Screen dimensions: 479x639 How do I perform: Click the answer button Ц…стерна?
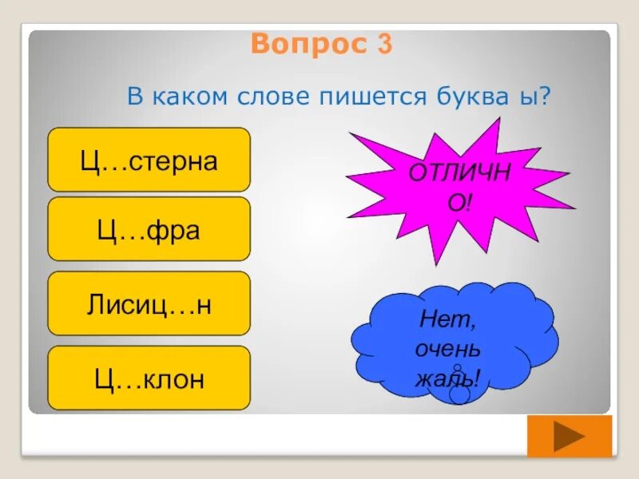(x=149, y=160)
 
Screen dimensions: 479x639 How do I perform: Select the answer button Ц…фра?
(x=149, y=230)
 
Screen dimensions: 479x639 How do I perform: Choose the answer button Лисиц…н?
(x=149, y=303)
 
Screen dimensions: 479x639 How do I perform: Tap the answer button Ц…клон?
(x=149, y=378)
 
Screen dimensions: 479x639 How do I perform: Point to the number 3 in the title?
(x=384, y=44)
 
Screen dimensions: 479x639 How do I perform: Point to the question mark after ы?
(x=546, y=98)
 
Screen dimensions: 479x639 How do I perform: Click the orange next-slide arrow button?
(x=569, y=437)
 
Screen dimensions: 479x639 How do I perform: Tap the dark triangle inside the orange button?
(x=570, y=437)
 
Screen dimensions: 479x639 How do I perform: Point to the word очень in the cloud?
(x=447, y=349)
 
